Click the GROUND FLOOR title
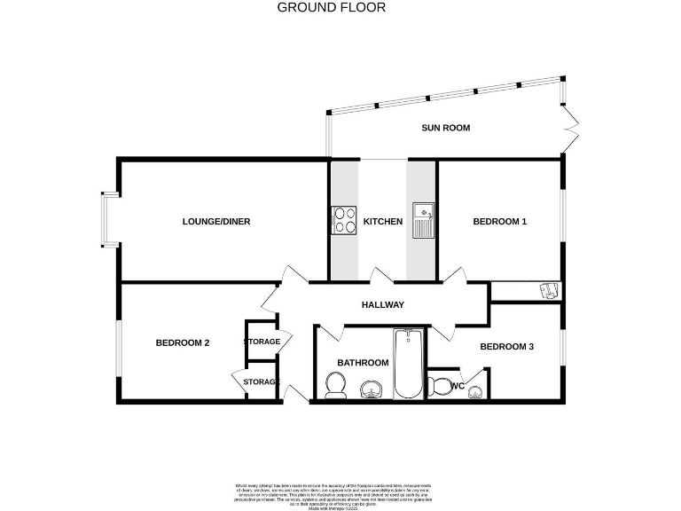[332, 7]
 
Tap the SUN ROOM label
[445, 128]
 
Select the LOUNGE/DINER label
[216, 222]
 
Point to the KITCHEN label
[383, 222]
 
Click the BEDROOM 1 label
[499, 222]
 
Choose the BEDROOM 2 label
[183, 343]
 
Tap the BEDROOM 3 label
[506, 347]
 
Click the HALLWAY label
[383, 305]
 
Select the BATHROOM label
[363, 363]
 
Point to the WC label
[458, 386]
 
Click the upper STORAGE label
[262, 342]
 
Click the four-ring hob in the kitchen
[344, 219]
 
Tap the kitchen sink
[423, 219]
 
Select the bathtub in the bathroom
[408, 364]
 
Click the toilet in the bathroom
[334, 385]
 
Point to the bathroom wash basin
[371, 388]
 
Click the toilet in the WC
[440, 386]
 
